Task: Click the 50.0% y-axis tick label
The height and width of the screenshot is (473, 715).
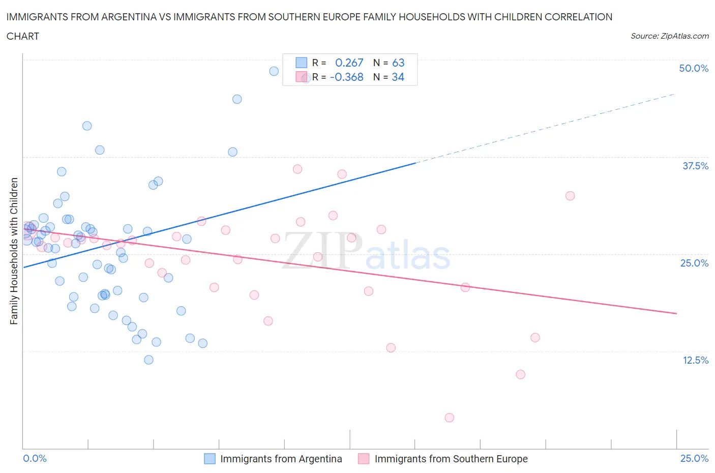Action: pyautogui.click(x=694, y=68)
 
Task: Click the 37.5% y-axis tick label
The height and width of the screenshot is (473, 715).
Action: pyautogui.click(x=695, y=166)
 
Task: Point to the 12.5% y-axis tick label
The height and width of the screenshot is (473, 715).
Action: pyautogui.click(x=695, y=360)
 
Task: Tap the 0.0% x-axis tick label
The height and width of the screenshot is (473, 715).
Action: pyautogui.click(x=35, y=458)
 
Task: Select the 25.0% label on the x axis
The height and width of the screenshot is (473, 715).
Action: pyautogui.click(x=694, y=458)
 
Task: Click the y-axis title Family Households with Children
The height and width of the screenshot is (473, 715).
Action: pyautogui.click(x=14, y=251)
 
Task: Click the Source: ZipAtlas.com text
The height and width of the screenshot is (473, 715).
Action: pyautogui.click(x=669, y=36)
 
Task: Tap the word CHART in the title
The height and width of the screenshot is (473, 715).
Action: pyautogui.click(x=23, y=36)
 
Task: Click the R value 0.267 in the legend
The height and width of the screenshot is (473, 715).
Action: pyautogui.click(x=349, y=63)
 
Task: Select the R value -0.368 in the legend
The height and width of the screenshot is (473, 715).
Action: pyautogui.click(x=346, y=77)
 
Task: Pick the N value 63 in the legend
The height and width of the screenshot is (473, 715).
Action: pyautogui.click(x=398, y=63)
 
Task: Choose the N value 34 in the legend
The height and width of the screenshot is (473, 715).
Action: pyautogui.click(x=398, y=77)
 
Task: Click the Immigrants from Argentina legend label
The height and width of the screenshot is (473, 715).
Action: pyautogui.click(x=281, y=459)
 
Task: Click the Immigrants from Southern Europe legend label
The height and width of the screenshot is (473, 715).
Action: pyautogui.click(x=451, y=459)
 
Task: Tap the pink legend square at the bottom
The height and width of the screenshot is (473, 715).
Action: pyautogui.click(x=363, y=459)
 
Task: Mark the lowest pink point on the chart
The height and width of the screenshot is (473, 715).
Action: pyautogui.click(x=449, y=418)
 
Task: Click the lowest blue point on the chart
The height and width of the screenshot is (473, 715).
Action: pyautogui.click(x=148, y=360)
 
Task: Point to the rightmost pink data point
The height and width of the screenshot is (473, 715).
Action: pyautogui.click(x=570, y=196)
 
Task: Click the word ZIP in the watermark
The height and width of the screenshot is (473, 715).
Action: pyautogui.click(x=322, y=250)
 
